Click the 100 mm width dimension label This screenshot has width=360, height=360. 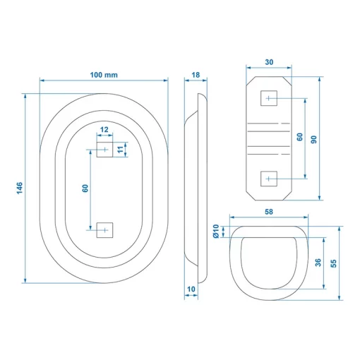(x=104, y=75)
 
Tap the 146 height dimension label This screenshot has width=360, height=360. (x=20, y=188)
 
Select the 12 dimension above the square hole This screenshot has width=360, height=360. (x=104, y=129)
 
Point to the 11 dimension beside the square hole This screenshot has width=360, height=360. (x=120, y=150)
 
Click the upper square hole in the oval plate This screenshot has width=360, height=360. (x=104, y=150)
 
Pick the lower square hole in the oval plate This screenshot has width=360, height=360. (x=104, y=230)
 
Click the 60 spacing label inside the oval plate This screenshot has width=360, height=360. (x=85, y=188)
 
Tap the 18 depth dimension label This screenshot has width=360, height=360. (x=196, y=75)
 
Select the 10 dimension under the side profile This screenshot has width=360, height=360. (x=191, y=289)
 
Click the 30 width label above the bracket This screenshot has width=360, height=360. (x=269, y=62)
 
